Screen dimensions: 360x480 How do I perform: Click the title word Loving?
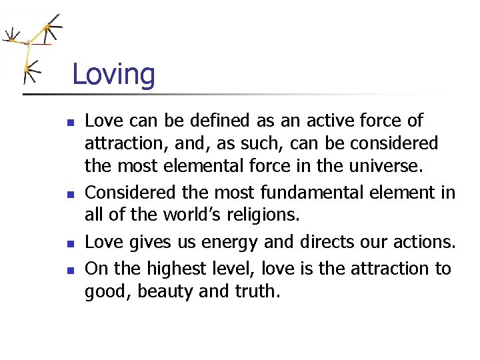point(113,74)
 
